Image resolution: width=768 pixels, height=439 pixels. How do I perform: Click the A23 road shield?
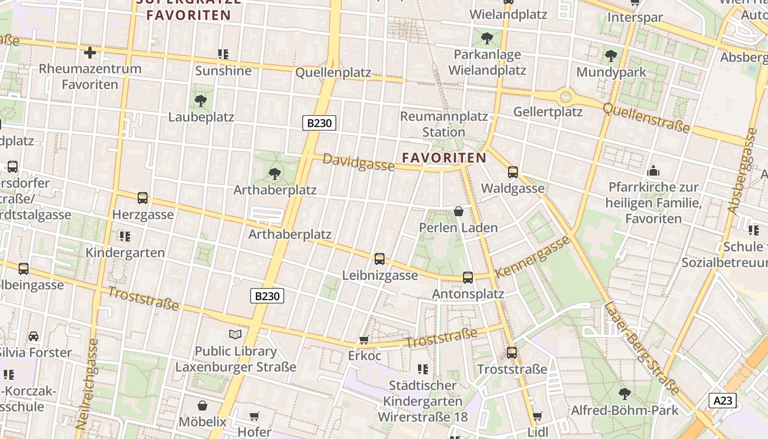tap(722, 401)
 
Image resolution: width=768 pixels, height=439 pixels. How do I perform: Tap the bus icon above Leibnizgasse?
tap(379, 258)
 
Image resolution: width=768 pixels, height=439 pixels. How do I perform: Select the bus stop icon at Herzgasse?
tap(143, 198)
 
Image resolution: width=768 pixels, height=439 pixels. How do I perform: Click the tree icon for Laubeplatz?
tap(201, 100)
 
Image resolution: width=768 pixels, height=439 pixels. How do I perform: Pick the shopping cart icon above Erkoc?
tap(363, 340)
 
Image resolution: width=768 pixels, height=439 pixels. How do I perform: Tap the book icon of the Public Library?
tap(235, 334)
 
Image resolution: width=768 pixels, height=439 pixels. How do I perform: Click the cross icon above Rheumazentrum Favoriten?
tap(89, 53)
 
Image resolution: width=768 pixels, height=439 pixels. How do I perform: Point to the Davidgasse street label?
tap(358, 162)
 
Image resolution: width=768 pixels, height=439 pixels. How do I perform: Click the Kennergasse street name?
tap(532, 257)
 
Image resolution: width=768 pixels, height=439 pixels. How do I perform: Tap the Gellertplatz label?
tap(547, 112)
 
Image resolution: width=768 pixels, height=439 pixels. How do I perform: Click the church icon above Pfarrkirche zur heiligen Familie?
tap(653, 171)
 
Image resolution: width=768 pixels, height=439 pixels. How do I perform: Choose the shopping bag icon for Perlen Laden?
tap(459, 211)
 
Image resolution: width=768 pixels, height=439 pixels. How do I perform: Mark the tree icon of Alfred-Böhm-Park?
tap(624, 393)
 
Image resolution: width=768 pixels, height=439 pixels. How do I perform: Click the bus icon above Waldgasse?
tap(513, 172)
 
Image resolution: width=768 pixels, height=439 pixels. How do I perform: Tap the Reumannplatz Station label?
tap(444, 124)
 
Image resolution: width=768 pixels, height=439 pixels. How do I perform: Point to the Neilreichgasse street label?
tap(87, 384)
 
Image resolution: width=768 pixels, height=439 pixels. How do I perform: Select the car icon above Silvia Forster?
tap(33, 336)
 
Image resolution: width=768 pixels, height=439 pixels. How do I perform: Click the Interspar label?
tap(635, 18)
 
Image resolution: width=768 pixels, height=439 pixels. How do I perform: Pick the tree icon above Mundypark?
tap(611, 56)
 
